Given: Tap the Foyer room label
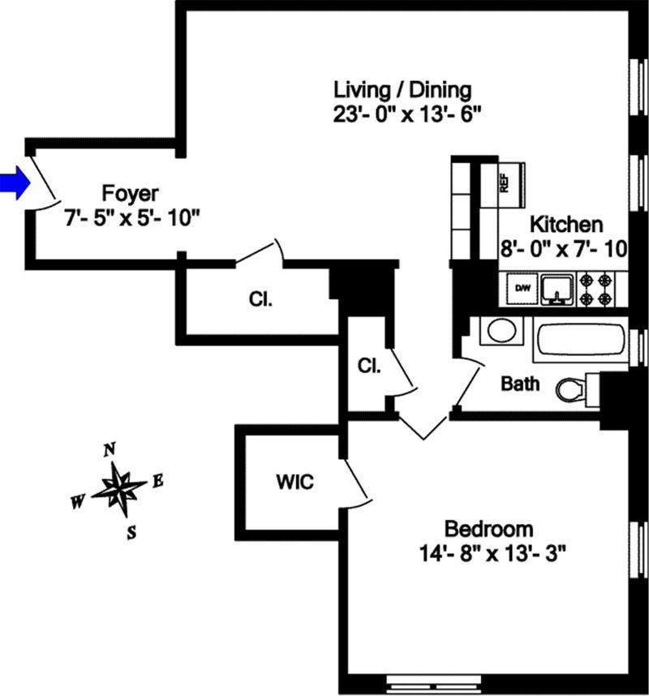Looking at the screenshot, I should coord(130,194).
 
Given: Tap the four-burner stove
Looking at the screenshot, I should coord(595,289).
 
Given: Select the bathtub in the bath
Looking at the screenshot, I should coord(580,339).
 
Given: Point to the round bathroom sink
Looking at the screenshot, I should coord(500,331).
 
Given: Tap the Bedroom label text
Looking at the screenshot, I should coord(489,531).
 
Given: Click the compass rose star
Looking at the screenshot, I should coord(118,489).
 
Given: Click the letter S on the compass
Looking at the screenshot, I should coord(131,532).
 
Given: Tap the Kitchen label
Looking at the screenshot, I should coord(565,225).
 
